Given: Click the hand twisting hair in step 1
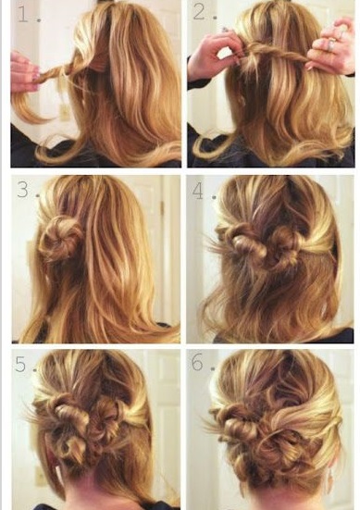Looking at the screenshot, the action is [25, 71].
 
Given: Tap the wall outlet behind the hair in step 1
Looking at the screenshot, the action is [65, 113].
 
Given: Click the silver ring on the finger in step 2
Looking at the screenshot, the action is [332, 44].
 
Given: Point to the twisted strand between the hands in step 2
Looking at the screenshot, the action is [275, 54].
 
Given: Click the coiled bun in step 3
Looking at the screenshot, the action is [60, 239].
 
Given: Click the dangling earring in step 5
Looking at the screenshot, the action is [59, 472].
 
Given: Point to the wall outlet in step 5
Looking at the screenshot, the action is [41, 478].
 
